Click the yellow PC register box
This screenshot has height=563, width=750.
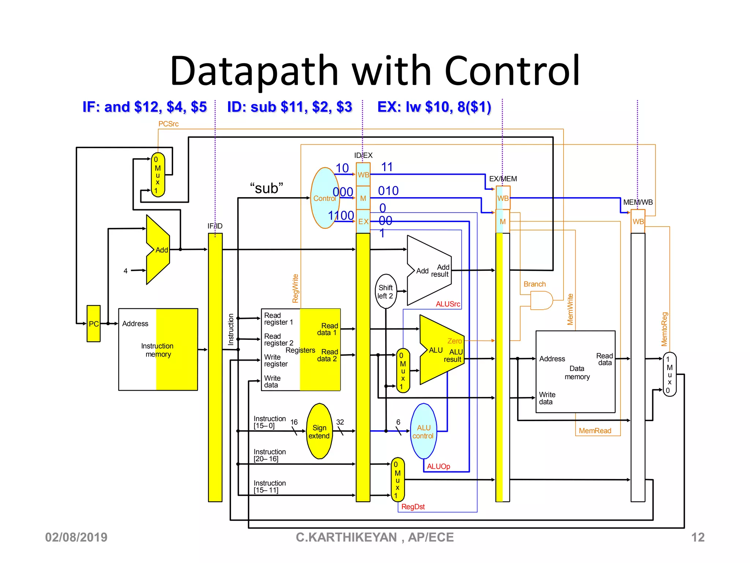(x=93, y=323)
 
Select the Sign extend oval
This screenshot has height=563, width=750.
(x=319, y=431)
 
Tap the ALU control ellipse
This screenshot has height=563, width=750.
(x=423, y=431)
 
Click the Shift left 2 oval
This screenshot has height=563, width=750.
(x=386, y=291)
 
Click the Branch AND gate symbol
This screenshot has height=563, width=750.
(x=541, y=300)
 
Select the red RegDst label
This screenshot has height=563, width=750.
(x=413, y=507)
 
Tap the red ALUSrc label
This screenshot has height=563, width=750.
(x=448, y=304)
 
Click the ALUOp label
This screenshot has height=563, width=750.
(x=438, y=466)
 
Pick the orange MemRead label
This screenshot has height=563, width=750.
(x=595, y=431)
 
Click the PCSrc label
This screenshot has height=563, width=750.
(x=168, y=124)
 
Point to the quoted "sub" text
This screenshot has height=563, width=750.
(x=267, y=188)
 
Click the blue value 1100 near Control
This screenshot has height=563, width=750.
(x=341, y=216)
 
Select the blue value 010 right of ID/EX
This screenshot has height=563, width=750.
(x=388, y=191)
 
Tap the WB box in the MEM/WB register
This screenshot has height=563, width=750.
(x=638, y=221)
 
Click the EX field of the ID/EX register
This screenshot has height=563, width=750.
(x=363, y=221)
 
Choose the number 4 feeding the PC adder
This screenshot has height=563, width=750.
(x=126, y=271)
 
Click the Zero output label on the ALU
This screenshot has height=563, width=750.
(x=454, y=341)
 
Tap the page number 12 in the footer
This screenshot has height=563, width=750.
(x=697, y=537)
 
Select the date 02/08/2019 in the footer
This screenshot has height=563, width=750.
(x=76, y=537)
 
